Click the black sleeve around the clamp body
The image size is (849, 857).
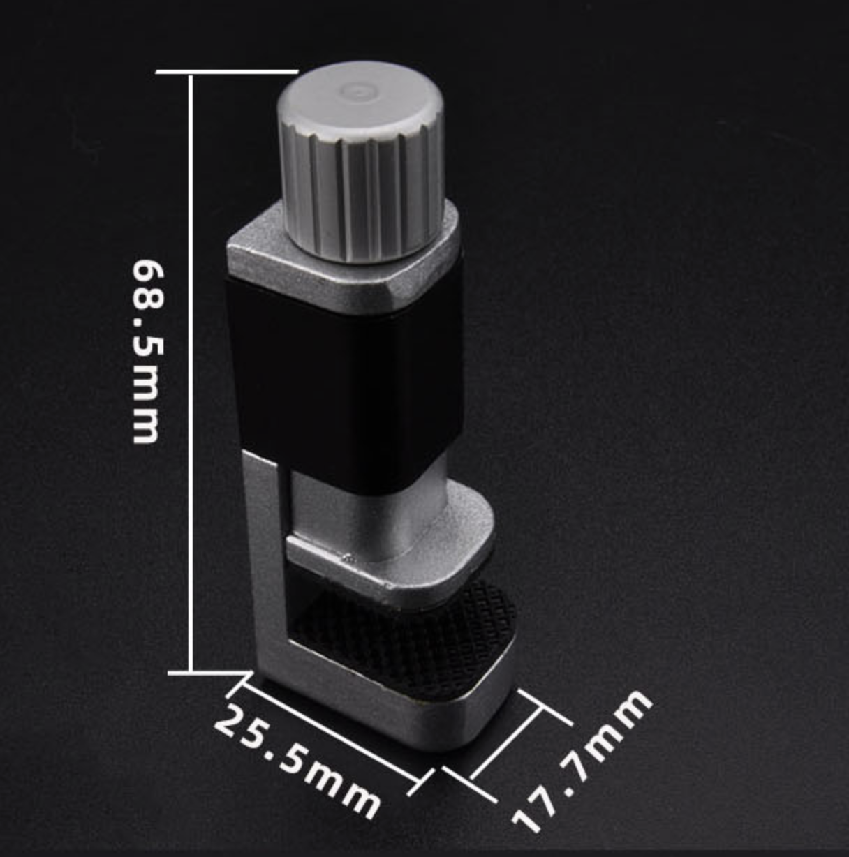(345, 382)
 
